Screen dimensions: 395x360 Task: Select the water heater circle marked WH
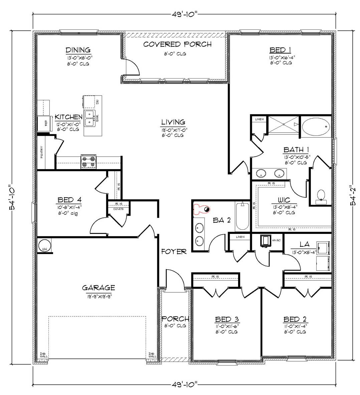click(x=44, y=246)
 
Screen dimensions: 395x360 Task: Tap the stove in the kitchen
click(x=88, y=163)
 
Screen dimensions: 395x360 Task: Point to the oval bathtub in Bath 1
click(x=316, y=127)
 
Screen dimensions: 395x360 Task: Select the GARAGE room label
click(x=99, y=288)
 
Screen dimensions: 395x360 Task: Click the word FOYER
click(x=174, y=252)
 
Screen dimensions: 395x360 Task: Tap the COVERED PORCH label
click(x=177, y=44)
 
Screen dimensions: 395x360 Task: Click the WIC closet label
click(x=283, y=200)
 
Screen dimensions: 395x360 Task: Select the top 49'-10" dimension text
click(x=183, y=14)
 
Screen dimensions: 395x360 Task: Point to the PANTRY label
click(x=42, y=153)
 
